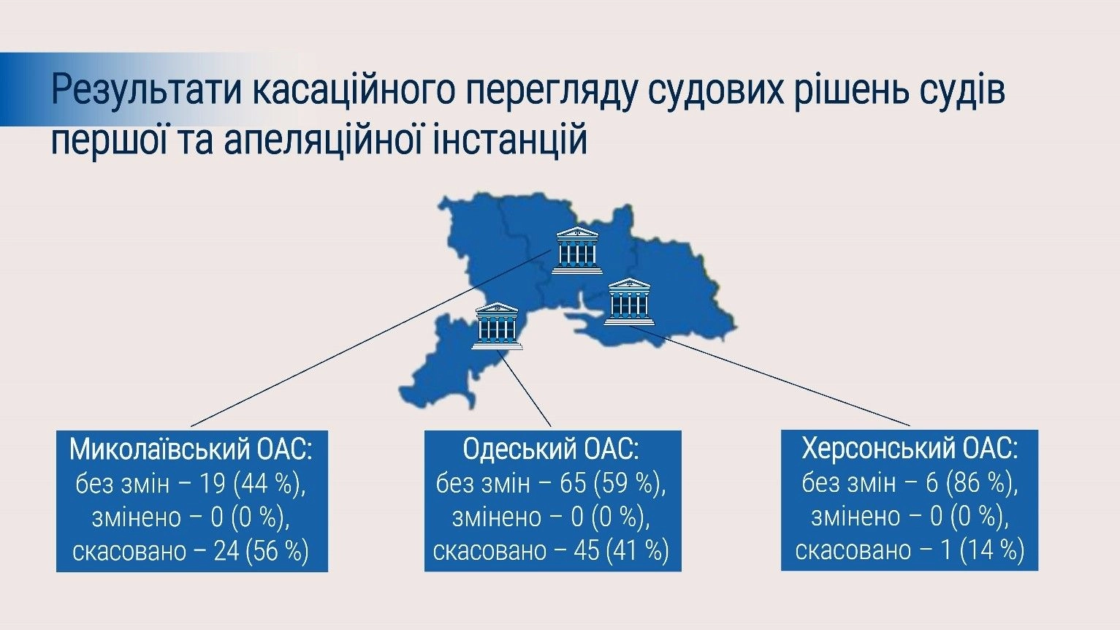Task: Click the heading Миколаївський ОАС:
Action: click(191, 449)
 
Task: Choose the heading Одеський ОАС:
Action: click(551, 449)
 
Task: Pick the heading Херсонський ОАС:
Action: click(910, 448)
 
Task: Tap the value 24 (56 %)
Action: click(261, 551)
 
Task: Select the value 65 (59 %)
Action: click(613, 484)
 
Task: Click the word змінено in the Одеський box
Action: click(497, 517)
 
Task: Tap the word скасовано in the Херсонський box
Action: click(853, 550)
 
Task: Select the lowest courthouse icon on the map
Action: click(497, 325)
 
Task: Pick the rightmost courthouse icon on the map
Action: click(630, 302)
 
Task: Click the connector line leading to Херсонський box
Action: click(770, 376)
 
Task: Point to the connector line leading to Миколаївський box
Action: click(371, 338)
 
